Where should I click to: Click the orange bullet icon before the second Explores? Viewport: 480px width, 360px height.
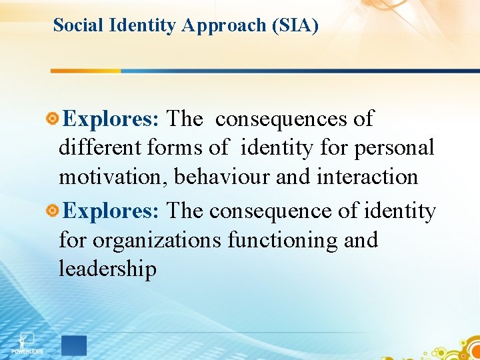[53, 211]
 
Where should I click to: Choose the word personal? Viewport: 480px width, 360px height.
[394, 148]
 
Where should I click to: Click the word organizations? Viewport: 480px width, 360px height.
[157, 240]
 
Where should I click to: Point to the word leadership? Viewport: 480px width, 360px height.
[107, 269]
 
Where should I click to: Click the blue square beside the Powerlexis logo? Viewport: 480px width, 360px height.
[74, 345]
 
